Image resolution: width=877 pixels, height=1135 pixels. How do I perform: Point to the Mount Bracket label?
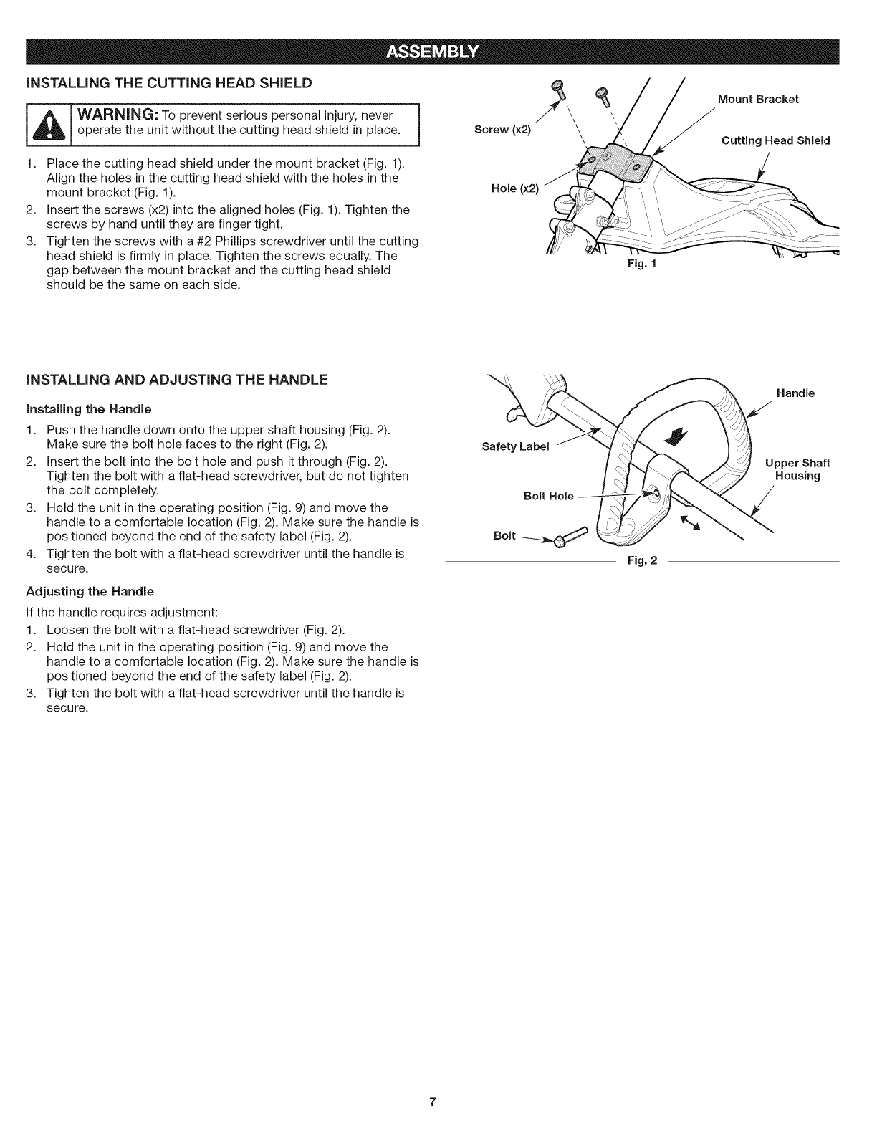(x=758, y=99)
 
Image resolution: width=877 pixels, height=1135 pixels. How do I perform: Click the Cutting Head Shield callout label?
(x=775, y=140)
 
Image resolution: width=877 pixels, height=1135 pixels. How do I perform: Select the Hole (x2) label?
(x=514, y=188)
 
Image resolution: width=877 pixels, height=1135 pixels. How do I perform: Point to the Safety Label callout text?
(x=515, y=446)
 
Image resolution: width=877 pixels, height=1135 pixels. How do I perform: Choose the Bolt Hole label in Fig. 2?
(x=548, y=496)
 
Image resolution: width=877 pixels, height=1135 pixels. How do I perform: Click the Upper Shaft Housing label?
(x=797, y=469)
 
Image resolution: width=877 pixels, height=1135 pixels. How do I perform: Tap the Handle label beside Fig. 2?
(x=795, y=393)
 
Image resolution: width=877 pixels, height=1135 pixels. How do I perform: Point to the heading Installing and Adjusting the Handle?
(x=176, y=380)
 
